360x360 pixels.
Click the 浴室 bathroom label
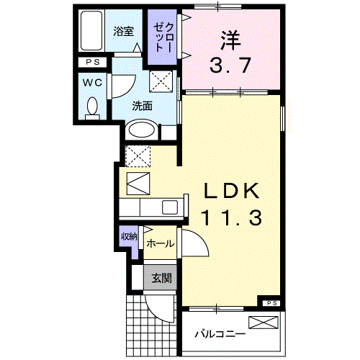click(123, 31)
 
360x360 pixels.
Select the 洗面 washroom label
click(142, 105)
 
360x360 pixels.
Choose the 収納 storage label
click(128, 237)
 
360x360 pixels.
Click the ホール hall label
click(160, 244)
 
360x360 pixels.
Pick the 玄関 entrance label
click(161, 278)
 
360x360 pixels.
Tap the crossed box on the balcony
click(262, 322)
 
